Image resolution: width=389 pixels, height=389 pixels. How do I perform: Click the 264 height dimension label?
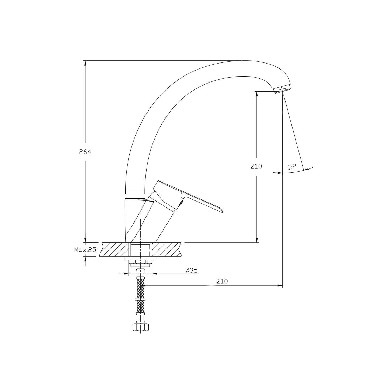pyautogui.click(x=85, y=152)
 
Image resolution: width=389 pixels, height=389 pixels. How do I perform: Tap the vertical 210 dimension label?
pyautogui.click(x=256, y=166)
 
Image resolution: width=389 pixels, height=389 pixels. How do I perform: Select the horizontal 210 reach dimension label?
pyautogui.click(x=222, y=281)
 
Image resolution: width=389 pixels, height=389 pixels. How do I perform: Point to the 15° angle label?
pyautogui.click(x=292, y=167)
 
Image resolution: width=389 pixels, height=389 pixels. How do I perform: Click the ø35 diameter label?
pyautogui.click(x=192, y=270)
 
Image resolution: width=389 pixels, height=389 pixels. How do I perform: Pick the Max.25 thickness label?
pyautogui.click(x=85, y=250)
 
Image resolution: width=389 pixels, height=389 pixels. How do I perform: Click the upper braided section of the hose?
pyautogui.click(x=140, y=289)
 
